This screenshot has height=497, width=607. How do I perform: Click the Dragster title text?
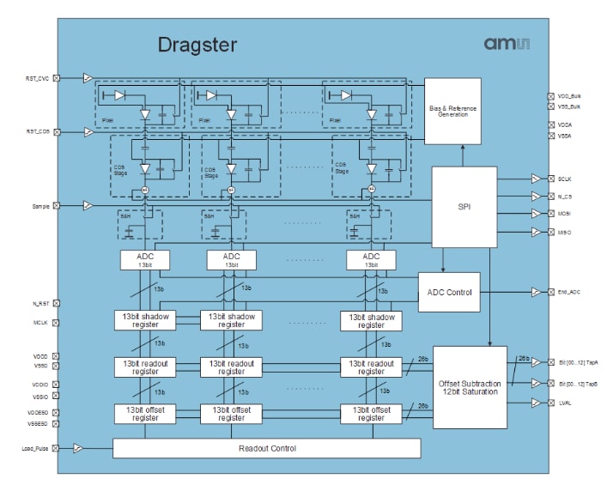(198, 45)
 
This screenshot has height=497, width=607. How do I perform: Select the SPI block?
(464, 207)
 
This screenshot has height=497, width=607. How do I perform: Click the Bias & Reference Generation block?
(464, 111)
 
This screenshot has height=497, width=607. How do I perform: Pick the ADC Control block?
(449, 293)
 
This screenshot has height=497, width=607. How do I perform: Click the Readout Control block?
(266, 448)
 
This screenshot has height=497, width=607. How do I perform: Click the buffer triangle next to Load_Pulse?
(77, 448)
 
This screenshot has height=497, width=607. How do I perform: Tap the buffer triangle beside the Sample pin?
(88, 206)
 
